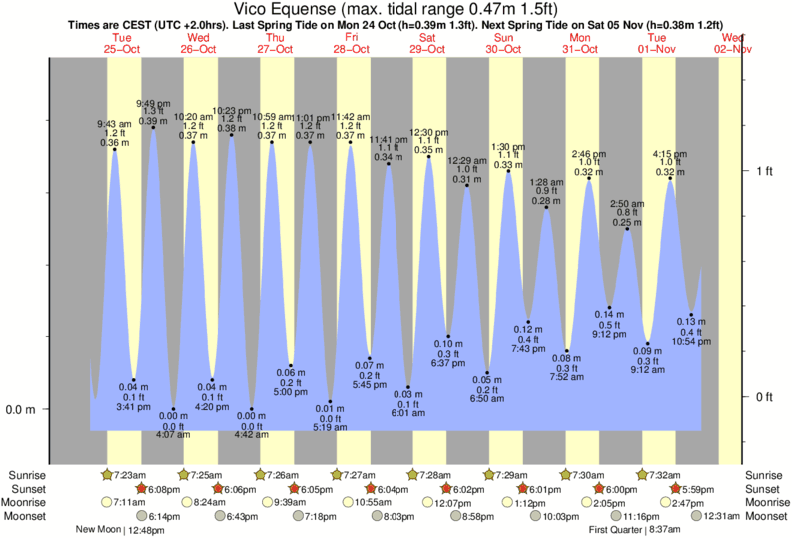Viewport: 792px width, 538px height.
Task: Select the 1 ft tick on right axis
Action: [765, 171]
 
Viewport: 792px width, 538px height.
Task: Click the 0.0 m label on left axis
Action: [22, 409]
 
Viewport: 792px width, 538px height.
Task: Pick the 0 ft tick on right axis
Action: [765, 397]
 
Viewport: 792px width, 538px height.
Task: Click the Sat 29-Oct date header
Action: [427, 43]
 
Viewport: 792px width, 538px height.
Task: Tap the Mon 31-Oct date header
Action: [580, 43]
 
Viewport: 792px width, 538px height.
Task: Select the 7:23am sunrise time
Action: [132, 475]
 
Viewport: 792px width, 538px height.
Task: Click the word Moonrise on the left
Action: [30, 503]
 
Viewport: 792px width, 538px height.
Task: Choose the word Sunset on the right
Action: [764, 489]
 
